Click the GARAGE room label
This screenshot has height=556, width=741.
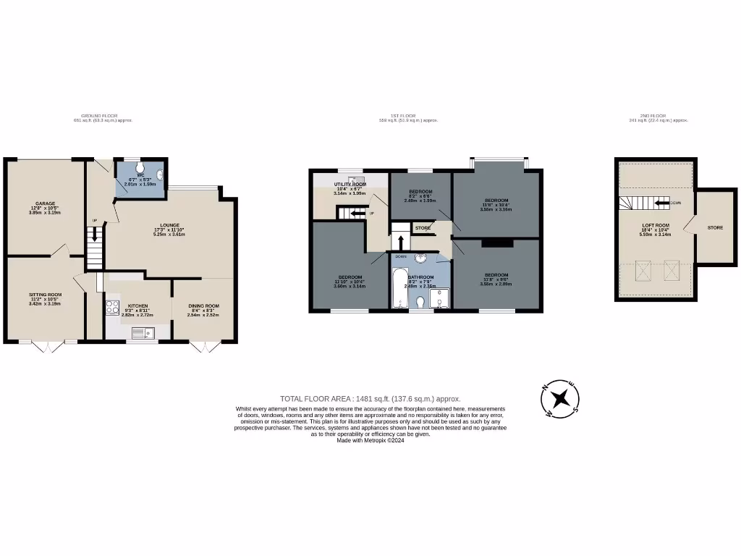[x=46, y=203]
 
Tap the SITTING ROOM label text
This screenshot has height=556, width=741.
[x=46, y=295]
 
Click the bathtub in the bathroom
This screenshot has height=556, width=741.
[x=399, y=289]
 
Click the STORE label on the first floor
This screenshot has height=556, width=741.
[x=423, y=228]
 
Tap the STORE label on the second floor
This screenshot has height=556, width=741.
[x=715, y=228]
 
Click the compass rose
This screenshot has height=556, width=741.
[x=561, y=398]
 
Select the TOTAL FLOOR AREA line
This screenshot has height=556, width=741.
[x=370, y=399]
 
